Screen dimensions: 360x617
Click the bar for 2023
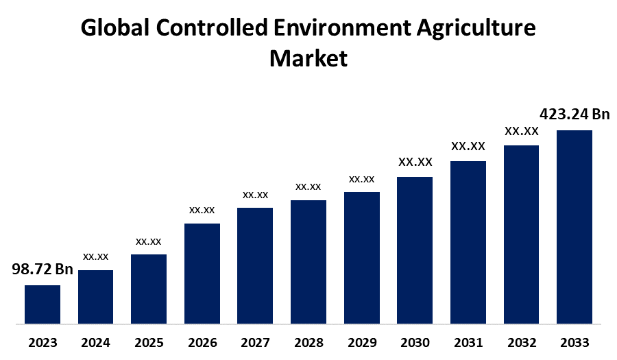point(43,304)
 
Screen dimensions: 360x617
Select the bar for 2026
point(202,273)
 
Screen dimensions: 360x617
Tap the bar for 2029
point(361,257)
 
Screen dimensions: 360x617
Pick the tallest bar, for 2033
point(574,226)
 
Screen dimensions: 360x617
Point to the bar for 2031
point(468,242)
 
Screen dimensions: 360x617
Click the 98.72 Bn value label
point(43,269)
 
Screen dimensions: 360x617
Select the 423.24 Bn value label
point(574,114)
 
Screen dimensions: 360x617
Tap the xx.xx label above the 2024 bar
point(96,256)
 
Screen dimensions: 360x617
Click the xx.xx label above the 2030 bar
point(415,162)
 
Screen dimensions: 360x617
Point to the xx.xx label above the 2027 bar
point(255,195)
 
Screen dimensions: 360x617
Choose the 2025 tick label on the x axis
point(149,343)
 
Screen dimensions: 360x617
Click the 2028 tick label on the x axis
point(308,343)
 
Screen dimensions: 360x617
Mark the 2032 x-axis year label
point(521,343)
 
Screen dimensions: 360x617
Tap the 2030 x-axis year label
point(415,343)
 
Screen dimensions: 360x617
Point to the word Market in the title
point(308,58)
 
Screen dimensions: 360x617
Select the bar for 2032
point(521,234)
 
